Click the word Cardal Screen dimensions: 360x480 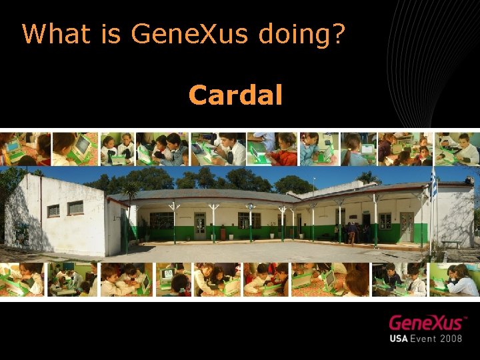[x=235, y=95]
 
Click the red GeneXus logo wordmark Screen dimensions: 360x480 [x=427, y=323]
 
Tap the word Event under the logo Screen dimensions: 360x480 [x=427, y=338]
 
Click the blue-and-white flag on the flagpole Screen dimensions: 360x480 [x=434, y=185]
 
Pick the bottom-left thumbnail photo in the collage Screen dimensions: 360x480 [x=22, y=279]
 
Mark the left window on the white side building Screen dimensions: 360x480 [x=53, y=211]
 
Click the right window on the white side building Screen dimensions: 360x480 [x=75, y=208]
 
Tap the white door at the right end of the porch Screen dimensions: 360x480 [x=407, y=227]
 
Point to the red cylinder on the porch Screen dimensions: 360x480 [x=223, y=233]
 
